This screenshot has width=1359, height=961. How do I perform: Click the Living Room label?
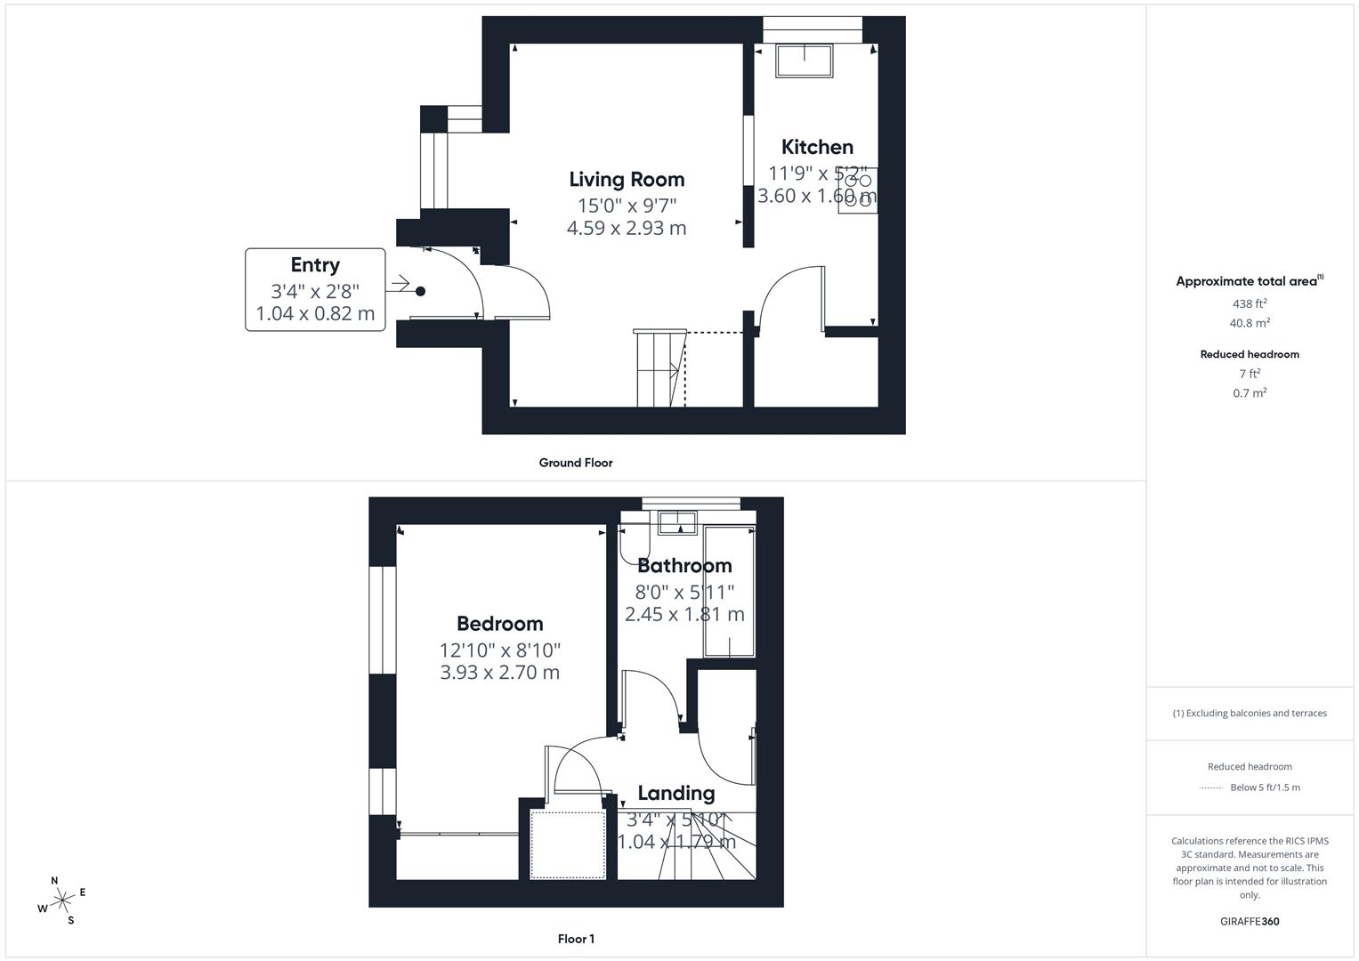click(627, 180)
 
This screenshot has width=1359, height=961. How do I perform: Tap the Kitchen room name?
click(817, 148)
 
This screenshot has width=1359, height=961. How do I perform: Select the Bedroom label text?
click(499, 624)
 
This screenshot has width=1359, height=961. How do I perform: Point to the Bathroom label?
click(684, 566)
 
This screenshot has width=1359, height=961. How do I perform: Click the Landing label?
click(675, 793)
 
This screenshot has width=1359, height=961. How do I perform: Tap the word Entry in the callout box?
click(315, 265)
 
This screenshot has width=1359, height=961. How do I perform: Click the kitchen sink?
click(805, 60)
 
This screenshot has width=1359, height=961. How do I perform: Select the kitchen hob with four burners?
click(857, 190)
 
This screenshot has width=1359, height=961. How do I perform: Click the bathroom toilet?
click(635, 542)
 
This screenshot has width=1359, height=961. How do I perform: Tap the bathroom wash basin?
click(677, 521)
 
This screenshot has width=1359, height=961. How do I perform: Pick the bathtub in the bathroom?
click(729, 592)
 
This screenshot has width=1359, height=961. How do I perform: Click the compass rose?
click(61, 900)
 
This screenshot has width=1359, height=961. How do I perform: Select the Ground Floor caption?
click(575, 463)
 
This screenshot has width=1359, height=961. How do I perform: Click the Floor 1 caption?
click(576, 939)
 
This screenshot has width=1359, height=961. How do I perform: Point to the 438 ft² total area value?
click(1249, 303)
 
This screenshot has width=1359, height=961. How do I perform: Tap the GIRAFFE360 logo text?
click(1250, 921)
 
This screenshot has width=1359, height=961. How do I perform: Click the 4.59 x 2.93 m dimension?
click(627, 228)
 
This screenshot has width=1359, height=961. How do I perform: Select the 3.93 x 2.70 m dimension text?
click(499, 673)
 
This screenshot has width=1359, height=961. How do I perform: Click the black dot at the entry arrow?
click(420, 291)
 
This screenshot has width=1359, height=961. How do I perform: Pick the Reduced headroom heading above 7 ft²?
click(1249, 354)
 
